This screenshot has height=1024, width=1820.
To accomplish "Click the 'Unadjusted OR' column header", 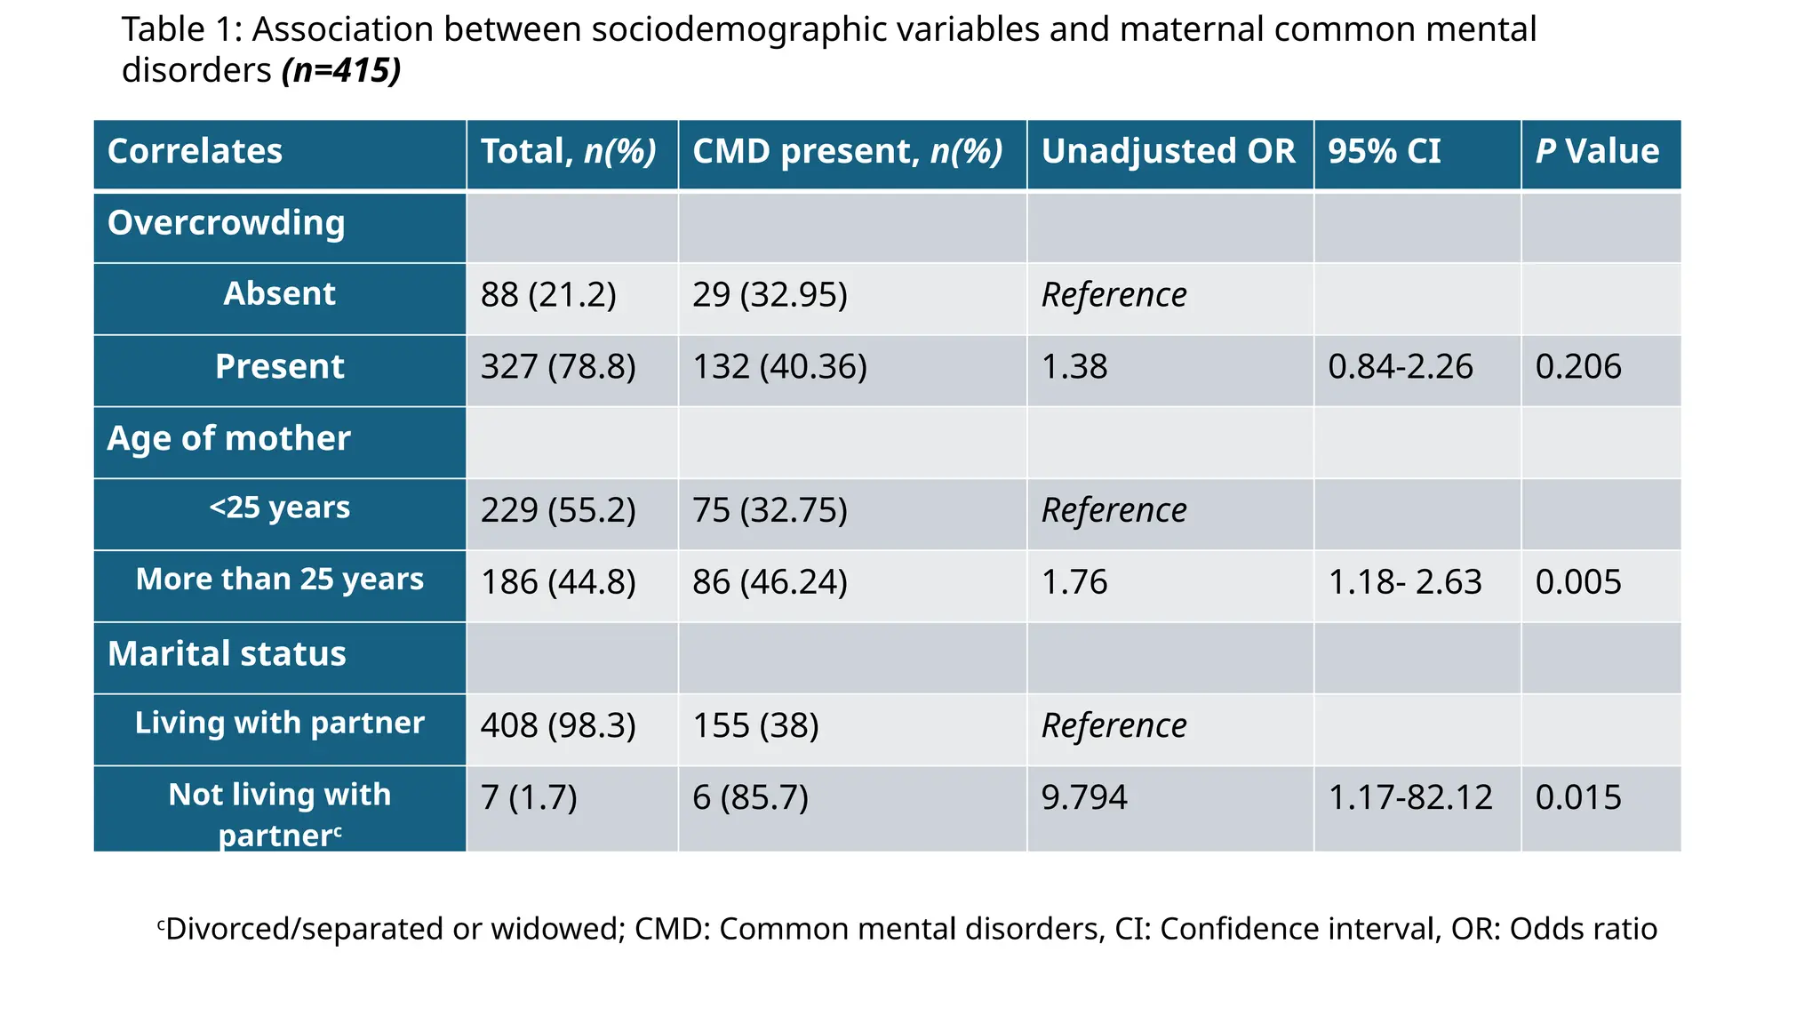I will tap(1168, 151).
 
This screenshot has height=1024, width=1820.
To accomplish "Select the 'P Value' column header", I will tap(1597, 151).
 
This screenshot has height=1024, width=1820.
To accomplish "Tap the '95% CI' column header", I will tap(1384, 151).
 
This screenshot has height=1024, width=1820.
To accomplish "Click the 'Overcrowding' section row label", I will tap(226, 223).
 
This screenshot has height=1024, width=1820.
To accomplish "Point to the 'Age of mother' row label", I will tap(228, 438).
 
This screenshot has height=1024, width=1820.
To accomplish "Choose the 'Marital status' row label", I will tap(227, 654).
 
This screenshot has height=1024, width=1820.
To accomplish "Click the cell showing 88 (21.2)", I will tap(548, 294).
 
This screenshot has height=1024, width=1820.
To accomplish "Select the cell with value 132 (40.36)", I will tap(779, 366).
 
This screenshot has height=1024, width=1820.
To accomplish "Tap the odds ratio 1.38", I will tap(1074, 366).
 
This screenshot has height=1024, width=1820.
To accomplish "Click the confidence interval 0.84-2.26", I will tap(1400, 366).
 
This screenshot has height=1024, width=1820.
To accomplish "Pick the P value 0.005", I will tap(1578, 582).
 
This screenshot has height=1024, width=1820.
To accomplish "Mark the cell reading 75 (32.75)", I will tap(770, 510).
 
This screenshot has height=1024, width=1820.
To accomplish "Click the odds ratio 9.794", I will tap(1083, 797).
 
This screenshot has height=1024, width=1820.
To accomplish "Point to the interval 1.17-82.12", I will tap(1409, 797).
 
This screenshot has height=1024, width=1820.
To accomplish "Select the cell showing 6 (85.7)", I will tap(750, 797).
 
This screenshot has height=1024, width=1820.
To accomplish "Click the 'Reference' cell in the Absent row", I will tap(1114, 294).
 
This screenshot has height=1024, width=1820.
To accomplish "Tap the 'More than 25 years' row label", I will tap(279, 579).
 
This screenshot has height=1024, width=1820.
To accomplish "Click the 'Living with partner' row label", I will tap(279, 723).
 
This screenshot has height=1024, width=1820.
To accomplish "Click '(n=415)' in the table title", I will tap(341, 70).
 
